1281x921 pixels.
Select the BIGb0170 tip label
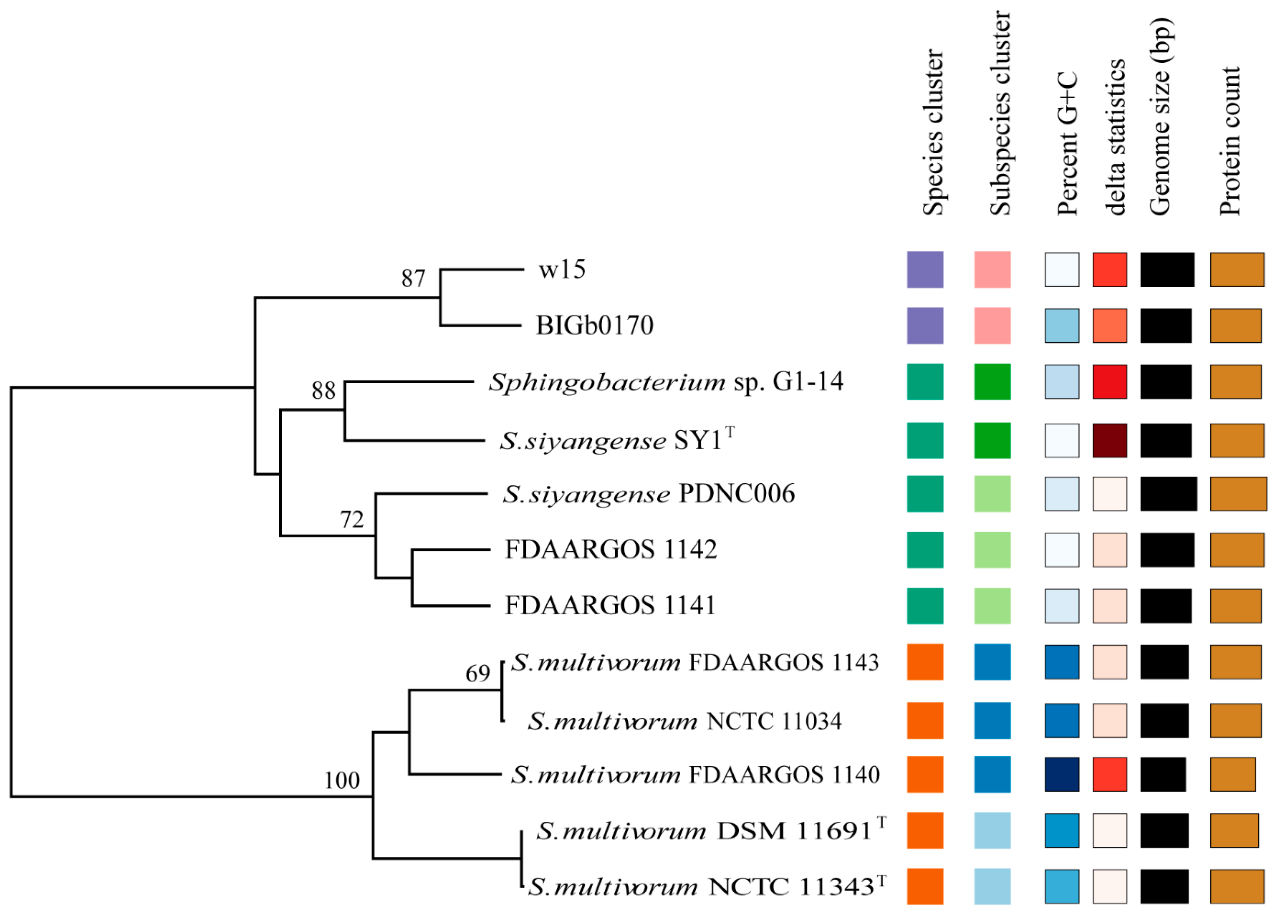coord(594,325)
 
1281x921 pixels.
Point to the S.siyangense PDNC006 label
coord(649,494)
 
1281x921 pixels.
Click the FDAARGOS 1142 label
coord(611,549)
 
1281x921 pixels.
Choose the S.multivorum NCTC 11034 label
coord(685,721)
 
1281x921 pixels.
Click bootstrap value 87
coord(413,278)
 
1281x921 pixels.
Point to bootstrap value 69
coord(478,674)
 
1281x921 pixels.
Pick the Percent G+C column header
coord(1067,144)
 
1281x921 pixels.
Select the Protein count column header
coord(1229,141)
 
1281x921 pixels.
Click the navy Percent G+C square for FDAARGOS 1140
coord(1062,774)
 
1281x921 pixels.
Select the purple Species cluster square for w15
coord(925,269)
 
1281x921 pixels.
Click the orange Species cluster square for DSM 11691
coord(925,830)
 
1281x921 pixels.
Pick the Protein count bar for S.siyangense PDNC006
coord(1238,494)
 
